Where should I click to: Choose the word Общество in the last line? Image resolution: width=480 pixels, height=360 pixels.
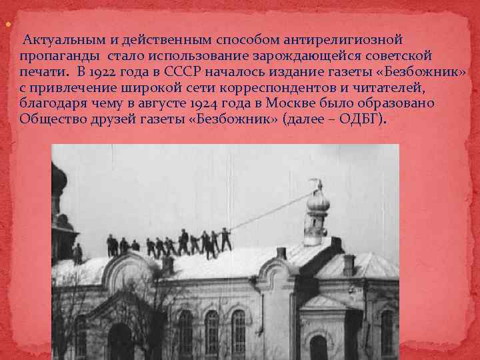coord(49,119)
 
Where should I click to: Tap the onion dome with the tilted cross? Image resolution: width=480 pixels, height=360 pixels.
coord(317,203)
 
